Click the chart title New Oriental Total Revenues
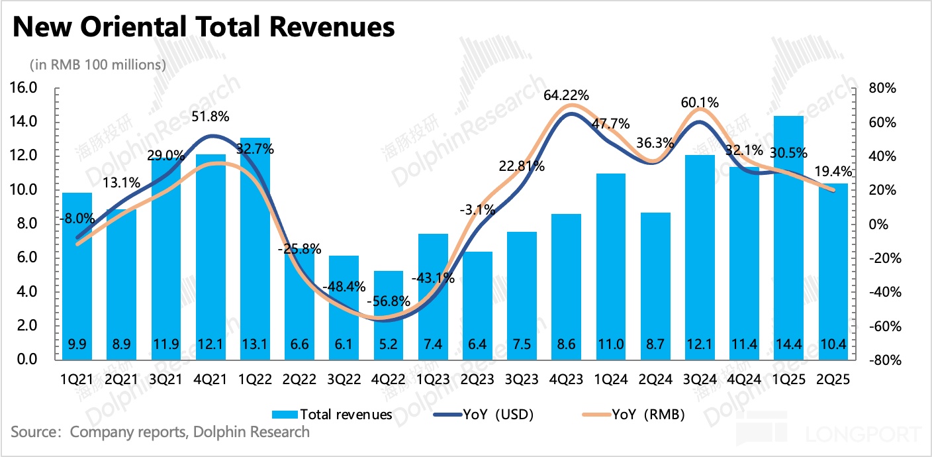(x=203, y=27)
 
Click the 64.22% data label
(x=566, y=95)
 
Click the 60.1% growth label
(x=700, y=103)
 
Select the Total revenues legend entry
(x=333, y=415)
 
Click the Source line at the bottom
(x=160, y=432)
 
